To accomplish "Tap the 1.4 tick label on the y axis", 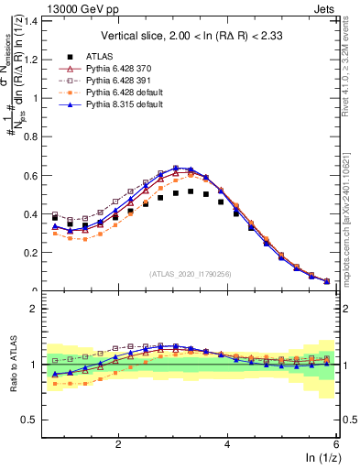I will (32, 20).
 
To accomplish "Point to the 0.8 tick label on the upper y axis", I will (32, 136).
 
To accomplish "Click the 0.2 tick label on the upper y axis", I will (32, 253).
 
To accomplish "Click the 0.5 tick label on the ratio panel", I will (32, 420).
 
